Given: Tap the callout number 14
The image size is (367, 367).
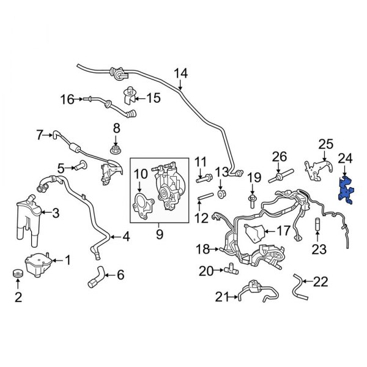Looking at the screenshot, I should (180, 74).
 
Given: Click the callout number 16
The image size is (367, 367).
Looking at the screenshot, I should (66, 98).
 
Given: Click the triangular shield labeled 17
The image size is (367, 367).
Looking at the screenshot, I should (253, 232).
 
